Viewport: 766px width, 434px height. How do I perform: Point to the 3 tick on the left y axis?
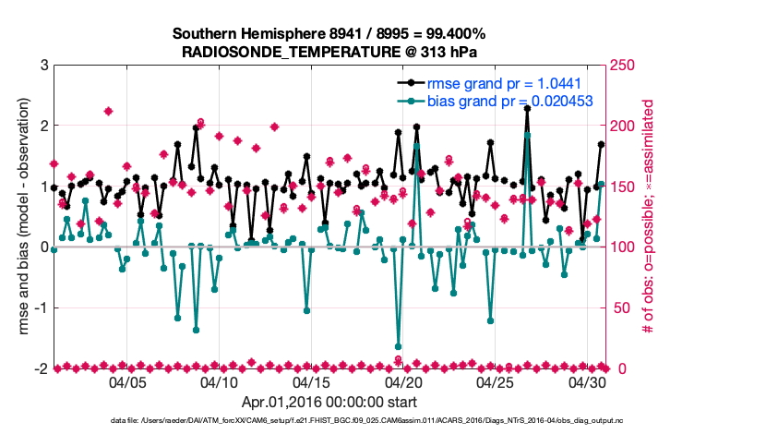[x=43, y=66]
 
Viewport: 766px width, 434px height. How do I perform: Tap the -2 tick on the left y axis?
[x=41, y=368]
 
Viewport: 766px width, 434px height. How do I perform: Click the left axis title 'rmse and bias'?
[x=19, y=217]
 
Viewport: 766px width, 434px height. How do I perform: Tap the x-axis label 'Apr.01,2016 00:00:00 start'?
[x=329, y=403]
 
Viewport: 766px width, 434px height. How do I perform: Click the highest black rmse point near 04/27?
[x=527, y=108]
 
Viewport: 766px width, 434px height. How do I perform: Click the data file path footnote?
[x=369, y=421]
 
